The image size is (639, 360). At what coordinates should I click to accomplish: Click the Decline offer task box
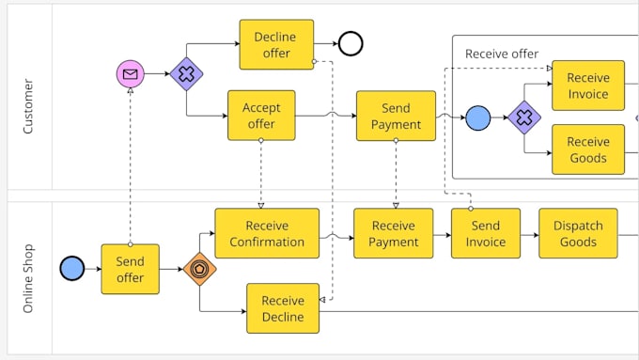point(276,44)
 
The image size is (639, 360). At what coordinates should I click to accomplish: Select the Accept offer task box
point(261,116)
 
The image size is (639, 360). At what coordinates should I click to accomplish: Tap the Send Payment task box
point(396,116)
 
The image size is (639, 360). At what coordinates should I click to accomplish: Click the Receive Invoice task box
point(588,86)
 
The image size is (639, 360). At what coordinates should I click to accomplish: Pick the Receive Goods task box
point(588,149)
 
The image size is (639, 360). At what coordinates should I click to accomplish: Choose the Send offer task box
point(130,269)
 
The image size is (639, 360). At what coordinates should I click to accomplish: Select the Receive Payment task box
point(393,233)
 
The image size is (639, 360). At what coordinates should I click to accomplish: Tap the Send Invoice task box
point(485,233)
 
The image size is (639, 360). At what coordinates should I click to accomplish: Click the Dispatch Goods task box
point(578,233)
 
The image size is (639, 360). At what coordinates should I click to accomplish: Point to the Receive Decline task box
point(283,308)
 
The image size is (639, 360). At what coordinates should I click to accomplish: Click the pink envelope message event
point(130,73)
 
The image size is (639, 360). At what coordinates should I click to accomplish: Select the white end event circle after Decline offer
point(351,43)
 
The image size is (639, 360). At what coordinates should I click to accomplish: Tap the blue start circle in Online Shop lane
point(71,269)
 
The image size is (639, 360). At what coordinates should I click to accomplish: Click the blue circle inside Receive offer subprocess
point(478,117)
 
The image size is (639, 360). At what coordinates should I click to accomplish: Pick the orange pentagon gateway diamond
point(199,269)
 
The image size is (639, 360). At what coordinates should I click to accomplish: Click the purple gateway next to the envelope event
point(186,73)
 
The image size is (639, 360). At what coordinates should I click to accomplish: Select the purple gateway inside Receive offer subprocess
point(524,117)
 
